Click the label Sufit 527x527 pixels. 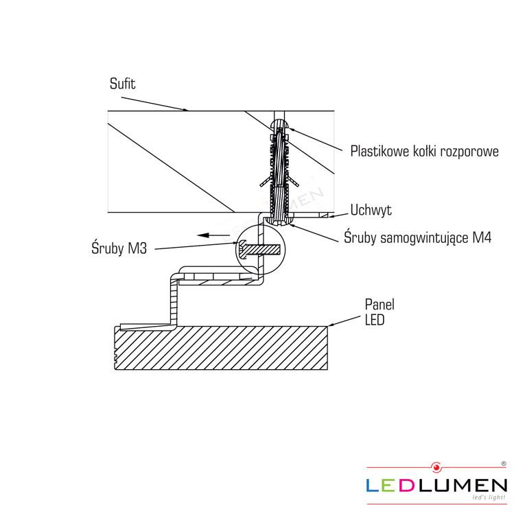[x=122, y=84]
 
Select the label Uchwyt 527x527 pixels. [x=371, y=210]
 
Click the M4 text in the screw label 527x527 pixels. [x=482, y=237]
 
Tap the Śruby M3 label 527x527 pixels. [x=119, y=248]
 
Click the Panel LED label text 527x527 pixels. [x=379, y=312]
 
